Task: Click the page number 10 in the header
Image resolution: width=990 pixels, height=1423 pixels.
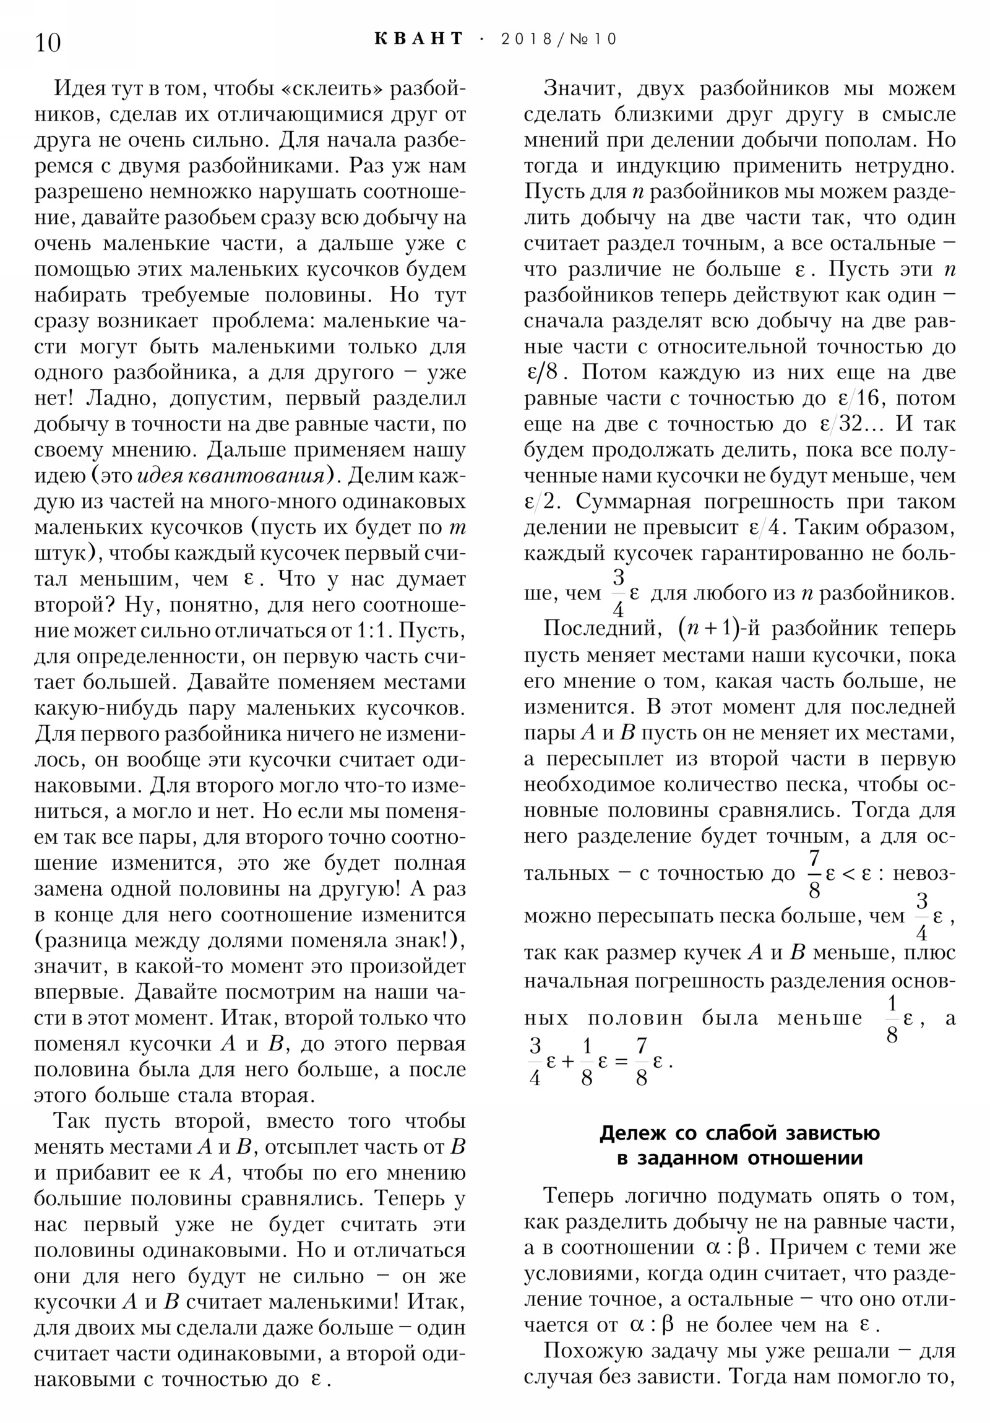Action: coord(48,43)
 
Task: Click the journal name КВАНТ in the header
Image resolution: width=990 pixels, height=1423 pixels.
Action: coord(419,38)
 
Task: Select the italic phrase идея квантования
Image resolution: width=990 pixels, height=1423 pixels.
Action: coord(230,476)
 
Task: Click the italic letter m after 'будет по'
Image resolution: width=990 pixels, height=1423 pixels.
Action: coord(457,528)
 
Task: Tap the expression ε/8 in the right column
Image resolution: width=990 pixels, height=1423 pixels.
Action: coord(543,372)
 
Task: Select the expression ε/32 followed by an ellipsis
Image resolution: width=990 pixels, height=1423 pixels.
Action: coord(853,424)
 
